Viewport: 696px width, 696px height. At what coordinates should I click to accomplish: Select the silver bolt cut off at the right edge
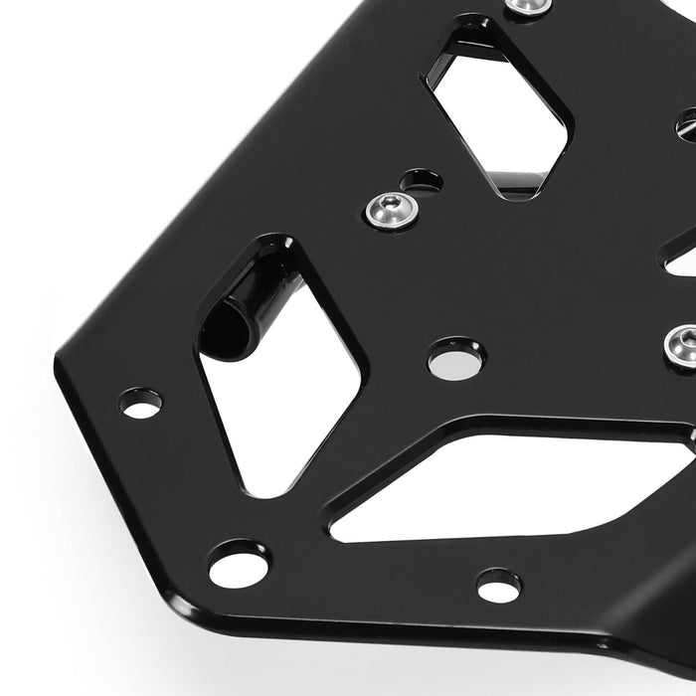(680, 346)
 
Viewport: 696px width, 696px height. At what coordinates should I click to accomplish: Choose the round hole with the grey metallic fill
(456, 358)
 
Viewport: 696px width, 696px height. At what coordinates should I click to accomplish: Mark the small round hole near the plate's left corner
(141, 404)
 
